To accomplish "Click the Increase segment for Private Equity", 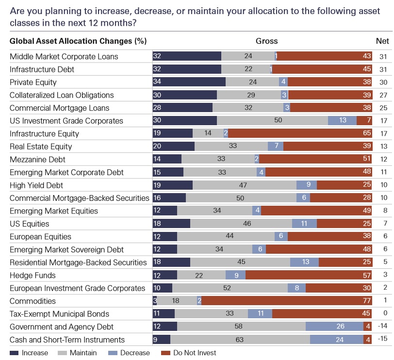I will (x=189, y=82).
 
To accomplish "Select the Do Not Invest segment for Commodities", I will (x=287, y=301).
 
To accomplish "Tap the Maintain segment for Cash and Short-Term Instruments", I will (x=240, y=340).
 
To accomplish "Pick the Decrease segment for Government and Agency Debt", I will (x=334, y=327).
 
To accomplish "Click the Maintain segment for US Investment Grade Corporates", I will (x=272, y=121).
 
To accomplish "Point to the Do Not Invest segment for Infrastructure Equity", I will (x=300, y=133).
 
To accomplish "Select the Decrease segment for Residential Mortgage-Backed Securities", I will (x=304, y=262).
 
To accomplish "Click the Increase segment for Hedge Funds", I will (x=164, y=275).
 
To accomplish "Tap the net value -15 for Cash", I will (x=382, y=340).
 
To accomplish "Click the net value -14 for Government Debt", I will (x=382, y=327).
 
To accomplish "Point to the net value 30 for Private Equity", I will (x=382, y=82).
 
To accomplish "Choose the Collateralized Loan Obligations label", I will (x=62, y=95).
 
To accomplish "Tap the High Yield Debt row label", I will (x=36, y=185).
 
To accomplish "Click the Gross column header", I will (x=266, y=41).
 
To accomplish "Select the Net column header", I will (x=382, y=41).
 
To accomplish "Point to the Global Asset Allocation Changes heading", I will (x=78, y=41).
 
